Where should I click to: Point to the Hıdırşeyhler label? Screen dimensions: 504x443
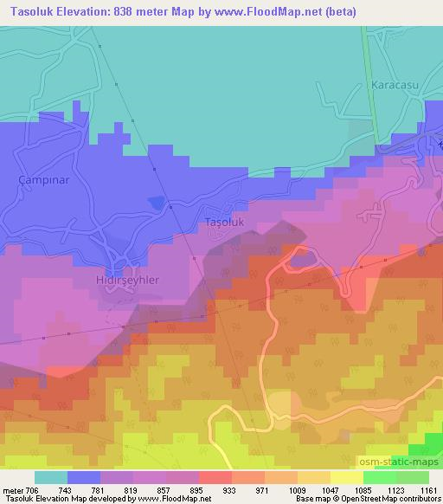pyautogui.click(x=127, y=281)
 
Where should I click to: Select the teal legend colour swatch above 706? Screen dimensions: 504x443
pyautogui.click(x=51, y=477)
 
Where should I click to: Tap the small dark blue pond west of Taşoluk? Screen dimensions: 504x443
pyautogui.click(x=156, y=202)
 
